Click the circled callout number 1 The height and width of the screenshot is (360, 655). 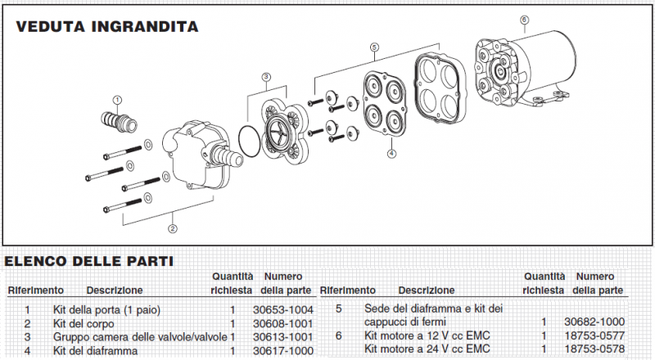click(117, 100)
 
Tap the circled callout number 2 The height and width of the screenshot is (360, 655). click(173, 228)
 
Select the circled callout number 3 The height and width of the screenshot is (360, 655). click(266, 77)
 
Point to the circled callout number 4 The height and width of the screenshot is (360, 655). click(391, 154)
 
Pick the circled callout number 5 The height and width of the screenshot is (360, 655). click(374, 47)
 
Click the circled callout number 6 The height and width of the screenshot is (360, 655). click(524, 20)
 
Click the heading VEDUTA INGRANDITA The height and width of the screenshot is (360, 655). click(107, 27)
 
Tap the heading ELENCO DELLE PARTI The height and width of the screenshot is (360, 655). click(88, 262)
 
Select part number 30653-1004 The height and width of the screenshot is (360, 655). click(282, 310)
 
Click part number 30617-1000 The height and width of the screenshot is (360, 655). click(282, 351)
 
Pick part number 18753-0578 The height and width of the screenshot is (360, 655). click(595, 349)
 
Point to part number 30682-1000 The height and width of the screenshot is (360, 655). click(595, 322)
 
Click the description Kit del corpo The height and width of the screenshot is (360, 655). click(84, 324)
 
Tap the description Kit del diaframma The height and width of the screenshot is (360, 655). click(95, 351)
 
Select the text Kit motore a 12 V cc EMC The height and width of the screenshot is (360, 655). click(427, 335)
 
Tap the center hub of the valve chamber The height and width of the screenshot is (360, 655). click(279, 129)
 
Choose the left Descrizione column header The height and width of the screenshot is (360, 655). click(115, 290)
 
